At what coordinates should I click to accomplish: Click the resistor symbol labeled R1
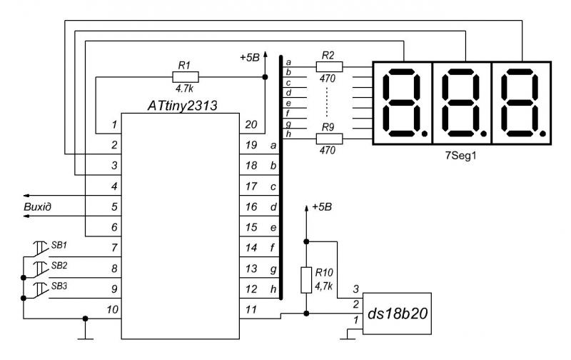coord(186,77)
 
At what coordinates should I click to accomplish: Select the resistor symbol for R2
coord(329,66)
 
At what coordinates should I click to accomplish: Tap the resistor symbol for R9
coord(329,139)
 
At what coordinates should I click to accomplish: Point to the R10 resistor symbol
coord(306,280)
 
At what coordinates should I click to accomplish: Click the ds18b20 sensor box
coord(397,314)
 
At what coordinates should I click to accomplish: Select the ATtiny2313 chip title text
coord(182,106)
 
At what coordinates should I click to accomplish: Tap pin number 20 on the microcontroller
coord(251,124)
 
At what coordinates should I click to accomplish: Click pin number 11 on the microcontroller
coord(251,309)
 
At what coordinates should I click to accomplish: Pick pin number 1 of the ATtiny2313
coord(114,124)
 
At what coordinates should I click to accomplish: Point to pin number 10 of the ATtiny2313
coord(113,309)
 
